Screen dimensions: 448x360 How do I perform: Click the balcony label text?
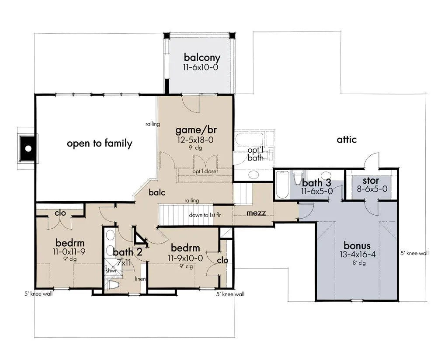click(202, 57)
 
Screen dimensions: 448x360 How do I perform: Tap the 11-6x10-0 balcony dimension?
click(201, 67)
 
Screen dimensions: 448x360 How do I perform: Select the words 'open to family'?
click(99, 143)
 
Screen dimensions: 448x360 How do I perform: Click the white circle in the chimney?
click(28, 149)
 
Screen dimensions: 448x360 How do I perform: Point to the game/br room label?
click(196, 130)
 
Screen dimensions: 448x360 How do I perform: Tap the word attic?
click(347, 140)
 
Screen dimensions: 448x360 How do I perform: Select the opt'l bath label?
click(255, 154)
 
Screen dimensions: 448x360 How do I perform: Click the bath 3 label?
click(316, 183)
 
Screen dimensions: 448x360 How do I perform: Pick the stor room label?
click(371, 181)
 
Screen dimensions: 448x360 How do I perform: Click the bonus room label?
click(357, 246)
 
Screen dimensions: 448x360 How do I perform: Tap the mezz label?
click(256, 213)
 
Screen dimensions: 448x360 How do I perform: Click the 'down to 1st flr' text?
click(205, 215)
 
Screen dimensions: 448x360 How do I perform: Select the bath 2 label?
click(128, 252)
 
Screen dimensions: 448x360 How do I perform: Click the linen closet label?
click(140, 279)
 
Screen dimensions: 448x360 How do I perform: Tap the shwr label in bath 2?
click(111, 270)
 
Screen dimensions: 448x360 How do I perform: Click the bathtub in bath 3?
click(282, 185)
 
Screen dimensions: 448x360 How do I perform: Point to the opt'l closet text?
click(205, 171)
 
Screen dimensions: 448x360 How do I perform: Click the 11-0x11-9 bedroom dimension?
click(69, 252)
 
